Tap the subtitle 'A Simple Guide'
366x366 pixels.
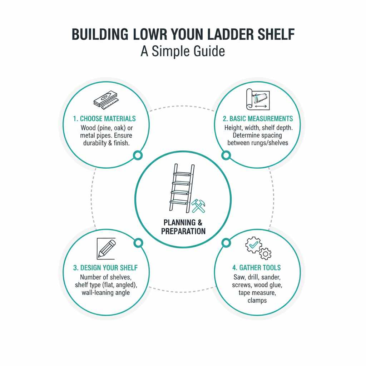pyautogui.click(x=183, y=51)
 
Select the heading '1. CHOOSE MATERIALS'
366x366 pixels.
pyautogui.click(x=104, y=119)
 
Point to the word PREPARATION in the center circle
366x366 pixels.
pyautogui.click(x=183, y=231)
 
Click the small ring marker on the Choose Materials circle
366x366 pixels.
pyautogui.click(x=137, y=155)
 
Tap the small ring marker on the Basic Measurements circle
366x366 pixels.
pyautogui.click(x=226, y=155)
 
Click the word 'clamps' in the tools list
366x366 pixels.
pyautogui.click(x=257, y=300)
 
